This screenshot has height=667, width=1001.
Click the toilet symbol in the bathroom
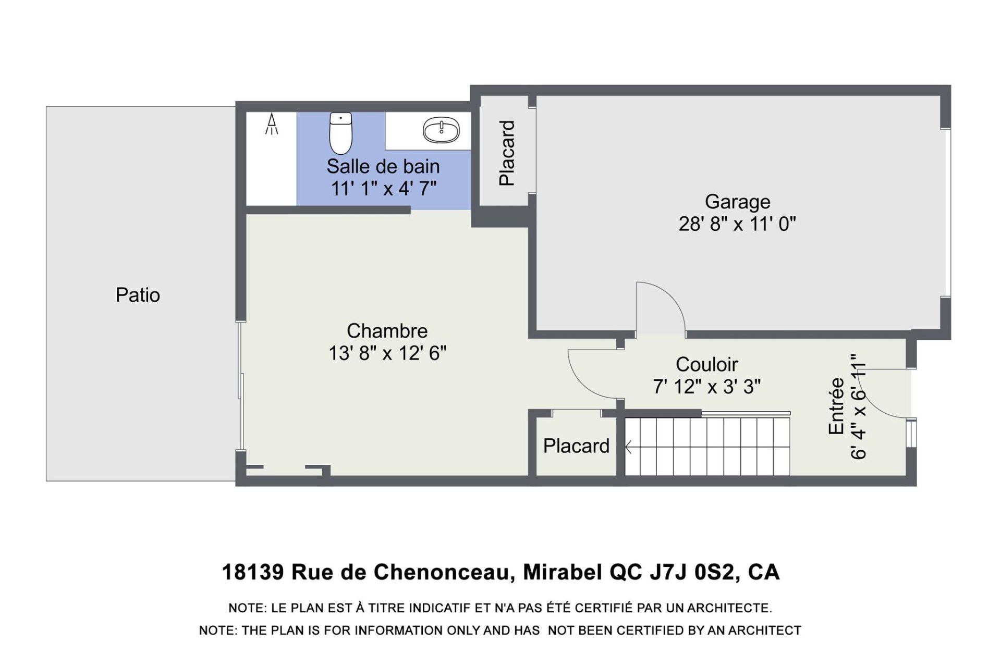click(340, 133)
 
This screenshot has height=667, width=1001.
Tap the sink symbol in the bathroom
click(441, 130)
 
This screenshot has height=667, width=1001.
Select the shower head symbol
click(271, 124)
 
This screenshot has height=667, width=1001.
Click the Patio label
click(138, 295)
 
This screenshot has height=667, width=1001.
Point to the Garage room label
click(737, 202)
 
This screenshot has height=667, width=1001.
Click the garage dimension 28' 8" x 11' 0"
click(737, 224)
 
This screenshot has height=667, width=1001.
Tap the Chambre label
click(387, 331)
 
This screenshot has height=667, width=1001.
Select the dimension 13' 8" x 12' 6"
click(387, 353)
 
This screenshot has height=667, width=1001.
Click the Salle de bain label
click(383, 167)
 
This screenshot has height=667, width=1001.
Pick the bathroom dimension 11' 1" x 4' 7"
click(383, 189)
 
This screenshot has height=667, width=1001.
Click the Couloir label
click(707, 364)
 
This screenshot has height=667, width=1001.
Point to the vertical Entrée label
click(836, 406)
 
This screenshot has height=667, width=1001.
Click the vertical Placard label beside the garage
click(507, 153)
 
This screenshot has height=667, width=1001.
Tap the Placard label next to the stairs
click(576, 446)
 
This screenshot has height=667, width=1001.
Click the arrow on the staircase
click(628, 447)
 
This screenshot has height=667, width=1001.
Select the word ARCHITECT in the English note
click(764, 631)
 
